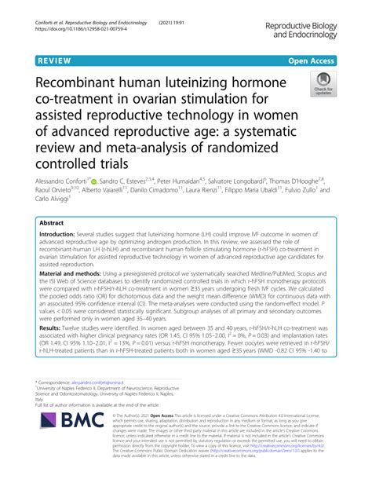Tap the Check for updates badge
coord(323,85)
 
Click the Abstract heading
coord(63,222)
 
